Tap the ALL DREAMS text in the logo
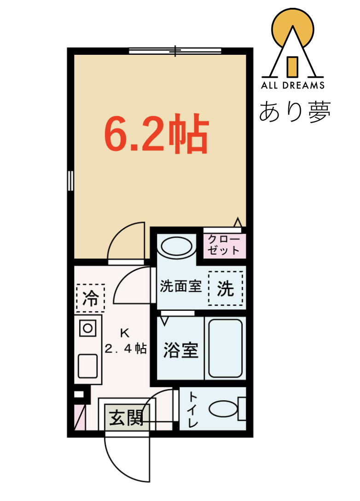coord(293,85)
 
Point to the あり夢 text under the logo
coord(295,112)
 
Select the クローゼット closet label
coord(224,245)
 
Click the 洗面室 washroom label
coord(180,286)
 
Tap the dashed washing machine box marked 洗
coord(226,289)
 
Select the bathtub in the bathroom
coord(225,348)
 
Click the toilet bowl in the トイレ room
coord(224,409)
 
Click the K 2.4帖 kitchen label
coord(125,340)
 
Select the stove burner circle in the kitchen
coord(87,328)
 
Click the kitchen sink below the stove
coord(87,366)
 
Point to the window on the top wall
coord(175,51)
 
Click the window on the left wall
coord(70,180)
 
